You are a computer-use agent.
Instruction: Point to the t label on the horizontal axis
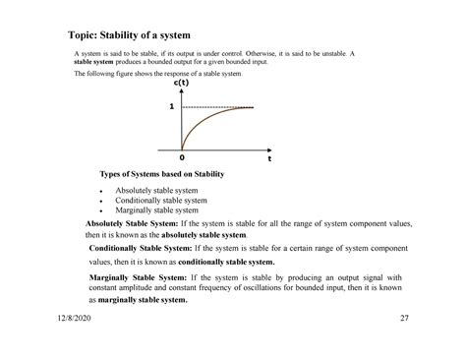(x=266, y=156)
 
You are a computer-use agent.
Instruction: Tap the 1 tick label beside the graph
(x=171, y=106)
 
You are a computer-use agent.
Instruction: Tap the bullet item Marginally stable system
(x=157, y=210)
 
